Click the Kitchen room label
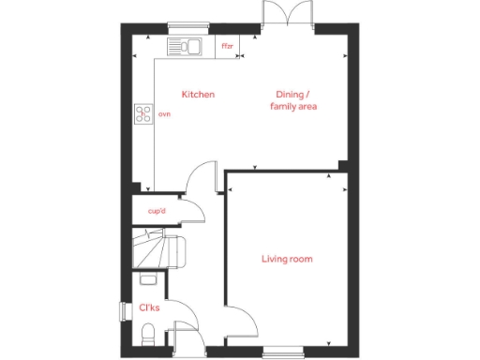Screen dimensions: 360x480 [x=198, y=95]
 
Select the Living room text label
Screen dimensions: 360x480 [x=287, y=259]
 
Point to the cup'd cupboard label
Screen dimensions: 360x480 [x=157, y=211]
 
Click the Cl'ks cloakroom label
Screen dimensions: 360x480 [x=149, y=307]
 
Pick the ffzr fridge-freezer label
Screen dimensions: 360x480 [x=227, y=45]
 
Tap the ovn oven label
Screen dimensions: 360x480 [x=164, y=114]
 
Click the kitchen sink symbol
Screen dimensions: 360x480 [x=185, y=45]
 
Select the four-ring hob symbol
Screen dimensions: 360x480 [x=144, y=114]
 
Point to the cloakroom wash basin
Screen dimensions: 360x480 [x=146, y=278]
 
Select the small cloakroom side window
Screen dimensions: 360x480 [x=122, y=311]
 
